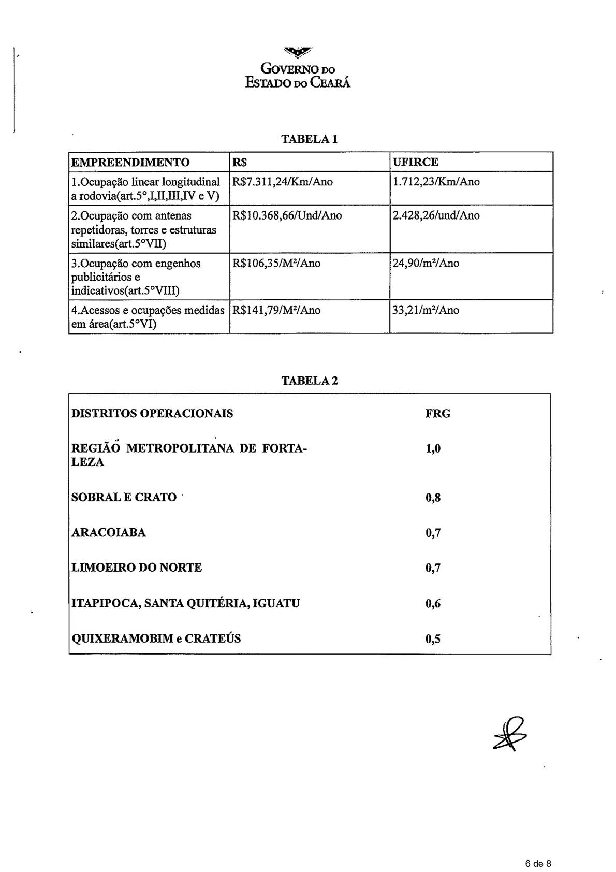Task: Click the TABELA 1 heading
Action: coord(309,139)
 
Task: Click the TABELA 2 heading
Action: coord(309,381)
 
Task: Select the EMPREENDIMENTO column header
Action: coord(130,162)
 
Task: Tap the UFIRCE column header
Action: coord(415,162)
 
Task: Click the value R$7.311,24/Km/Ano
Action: coord(283,182)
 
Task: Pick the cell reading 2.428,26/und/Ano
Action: coord(436,215)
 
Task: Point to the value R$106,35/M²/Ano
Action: coord(276,263)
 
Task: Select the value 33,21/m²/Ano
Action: coord(426,310)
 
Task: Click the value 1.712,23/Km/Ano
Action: coord(436,182)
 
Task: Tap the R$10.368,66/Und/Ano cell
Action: coord(287,215)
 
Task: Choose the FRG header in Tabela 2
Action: coord(437,414)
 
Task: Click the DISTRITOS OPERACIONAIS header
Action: coord(152,414)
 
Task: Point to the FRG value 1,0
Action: coord(433,448)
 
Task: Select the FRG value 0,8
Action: coord(433,498)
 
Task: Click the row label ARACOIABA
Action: coord(109,532)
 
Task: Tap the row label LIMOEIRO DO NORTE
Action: coord(137,568)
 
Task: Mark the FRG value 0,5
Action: coord(433,638)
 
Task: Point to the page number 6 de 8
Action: coord(538,864)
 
